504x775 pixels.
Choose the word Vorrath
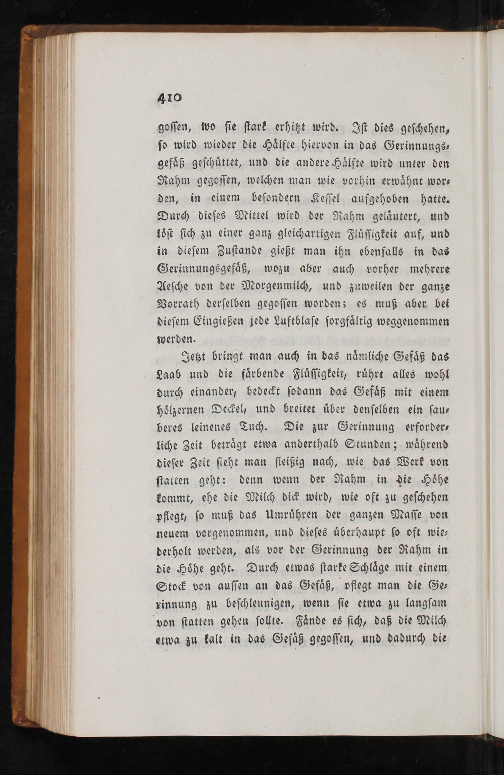tap(179, 305)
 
